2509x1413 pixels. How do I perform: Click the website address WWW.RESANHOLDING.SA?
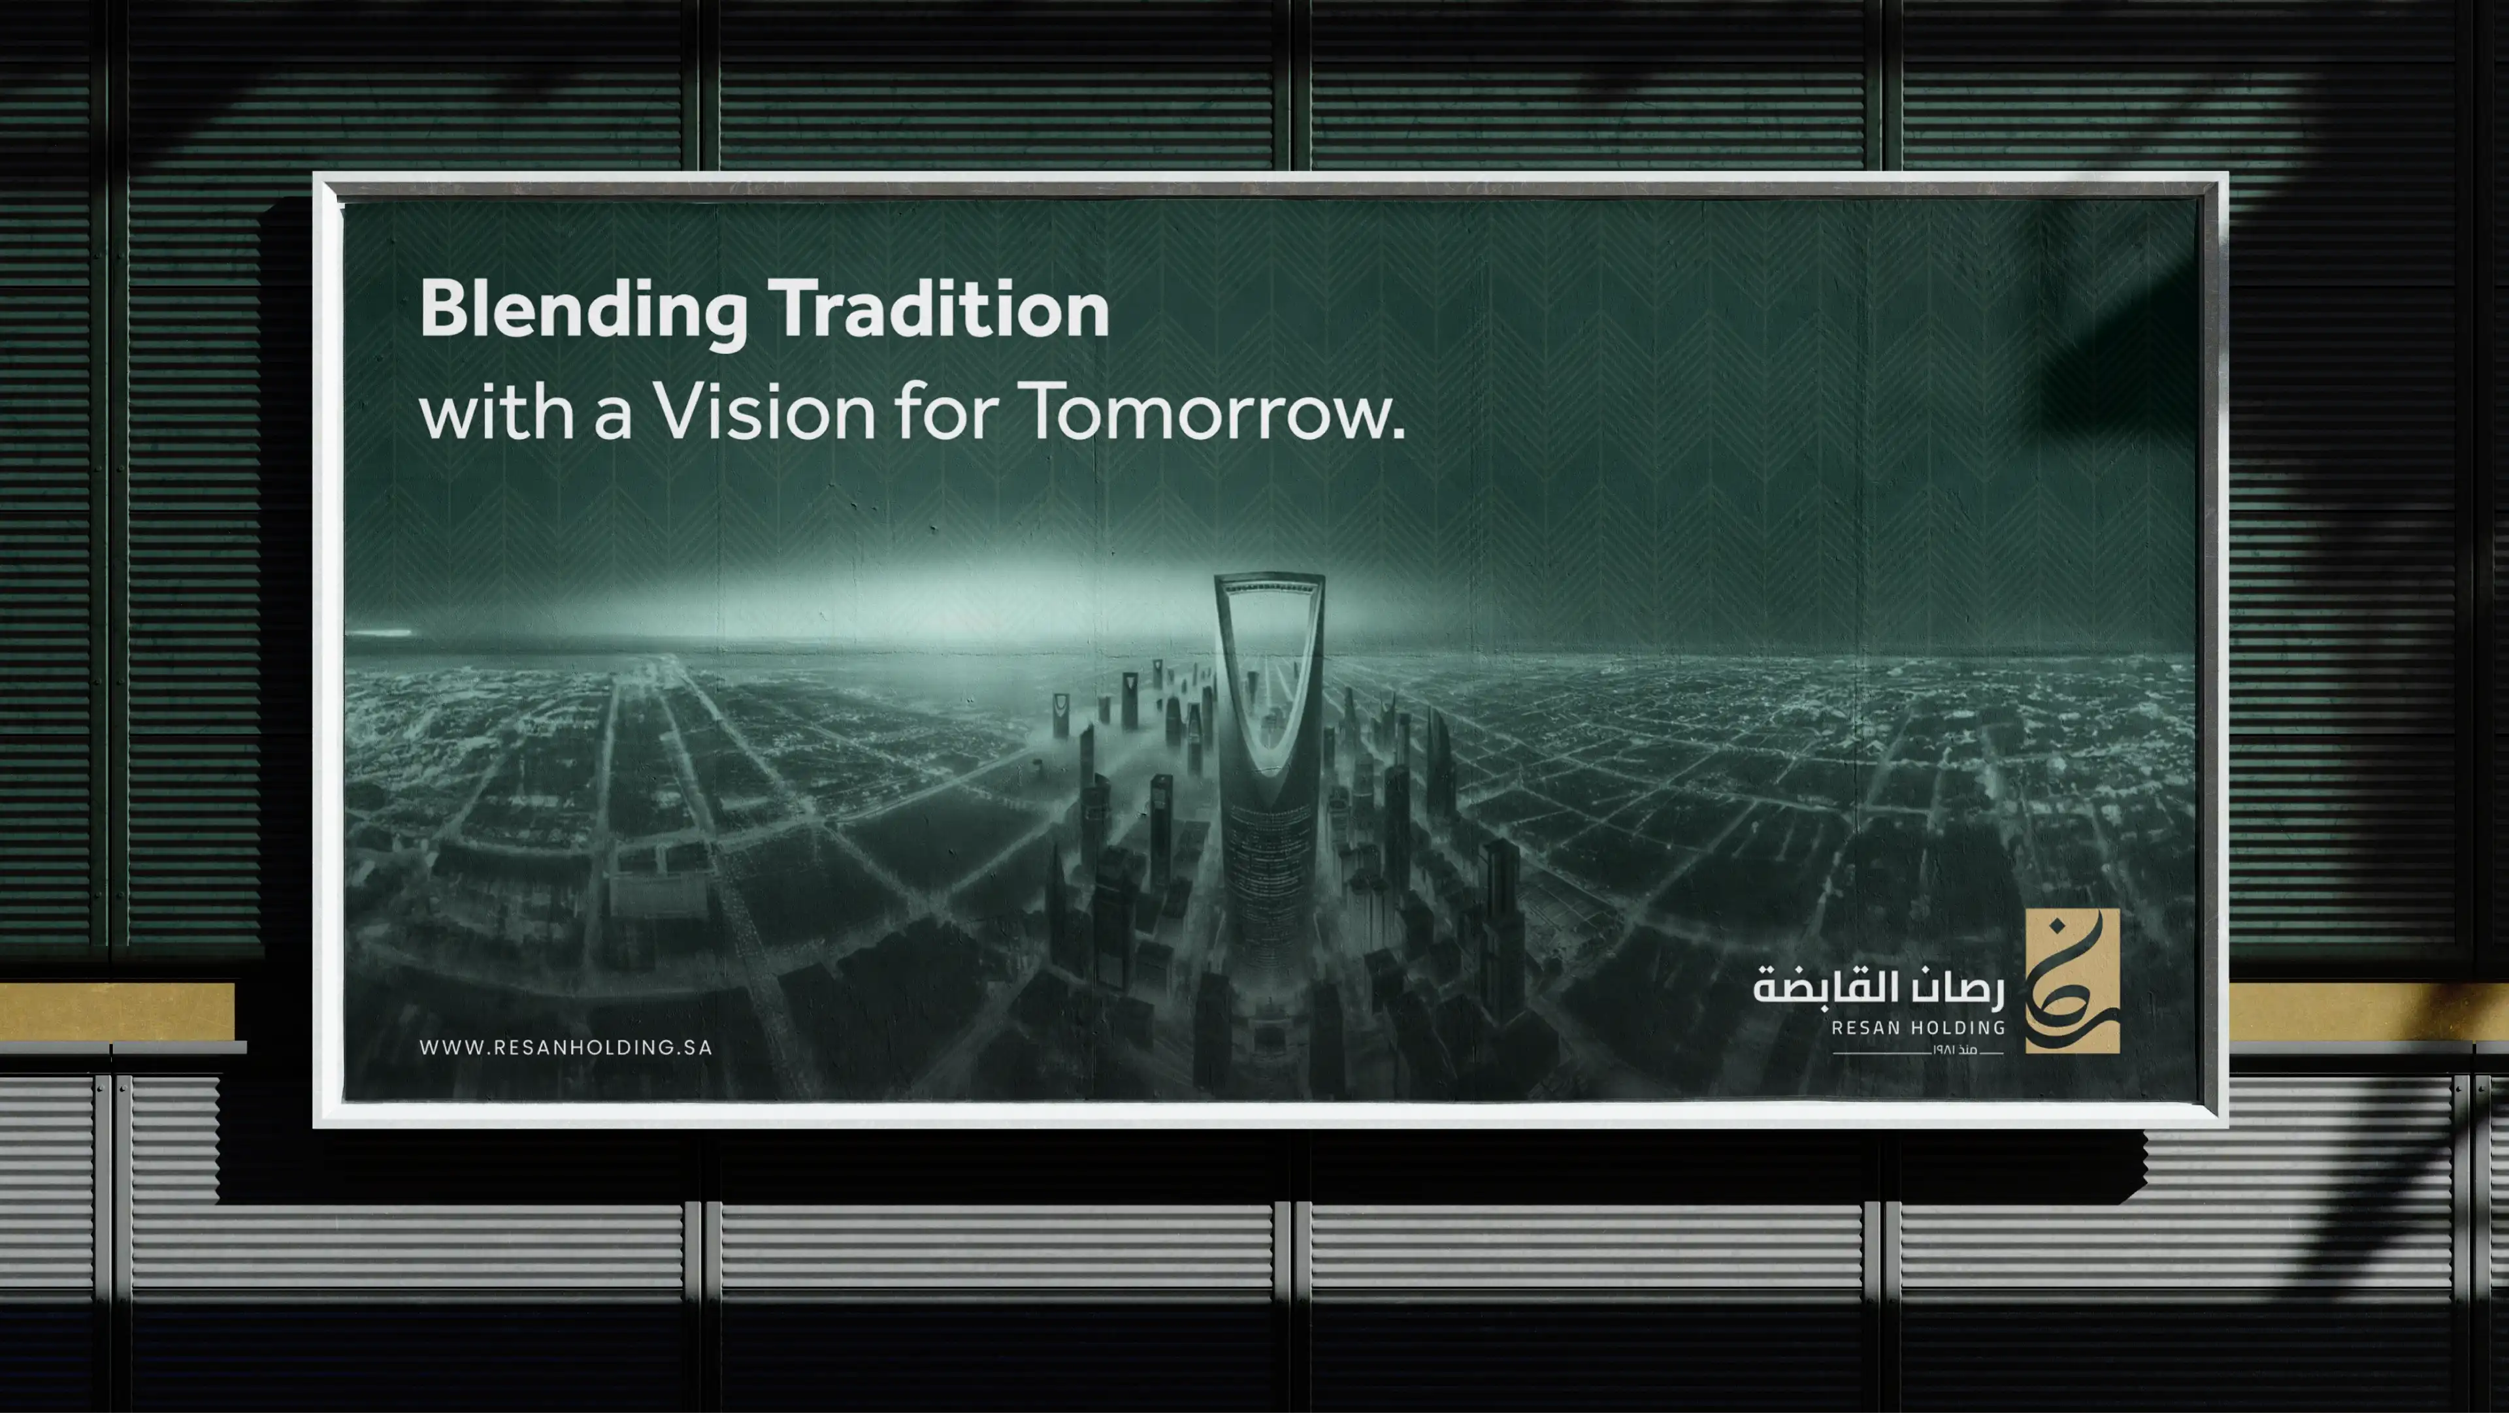(566, 1048)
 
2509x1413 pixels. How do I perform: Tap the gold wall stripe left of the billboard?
(117, 1011)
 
